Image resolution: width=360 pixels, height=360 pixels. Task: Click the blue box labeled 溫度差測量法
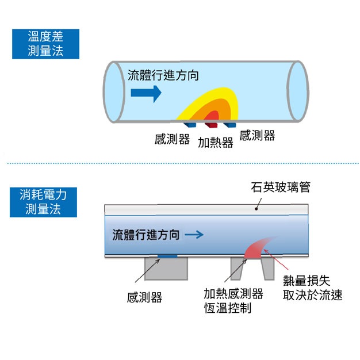click(45, 44)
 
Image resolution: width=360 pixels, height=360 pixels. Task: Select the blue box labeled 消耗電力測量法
click(43, 202)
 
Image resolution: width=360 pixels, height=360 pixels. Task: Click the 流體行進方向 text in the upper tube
click(163, 75)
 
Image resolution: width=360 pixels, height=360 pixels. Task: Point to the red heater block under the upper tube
click(211, 125)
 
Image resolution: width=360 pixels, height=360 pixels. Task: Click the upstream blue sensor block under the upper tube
click(190, 125)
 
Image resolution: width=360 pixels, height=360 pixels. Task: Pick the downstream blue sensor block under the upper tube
click(230, 125)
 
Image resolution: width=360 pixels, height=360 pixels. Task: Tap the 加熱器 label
click(216, 143)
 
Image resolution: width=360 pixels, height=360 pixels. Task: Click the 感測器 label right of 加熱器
click(257, 135)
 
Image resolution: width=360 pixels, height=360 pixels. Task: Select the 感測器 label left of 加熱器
click(172, 139)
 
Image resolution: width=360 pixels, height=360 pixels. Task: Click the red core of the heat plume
click(212, 116)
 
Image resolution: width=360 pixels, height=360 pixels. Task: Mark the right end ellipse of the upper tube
click(298, 91)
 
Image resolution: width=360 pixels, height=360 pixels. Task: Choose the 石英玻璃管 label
click(281, 187)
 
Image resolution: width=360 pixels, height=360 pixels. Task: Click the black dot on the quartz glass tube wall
click(256, 209)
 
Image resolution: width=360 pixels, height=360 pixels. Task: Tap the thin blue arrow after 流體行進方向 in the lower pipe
click(194, 235)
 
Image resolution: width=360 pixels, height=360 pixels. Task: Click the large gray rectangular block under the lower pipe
click(166, 269)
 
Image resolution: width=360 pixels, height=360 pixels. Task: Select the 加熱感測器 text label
click(233, 293)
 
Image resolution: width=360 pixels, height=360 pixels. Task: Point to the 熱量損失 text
click(307, 280)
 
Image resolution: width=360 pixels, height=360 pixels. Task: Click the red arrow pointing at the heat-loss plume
click(276, 259)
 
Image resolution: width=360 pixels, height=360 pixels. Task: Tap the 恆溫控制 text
click(228, 308)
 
